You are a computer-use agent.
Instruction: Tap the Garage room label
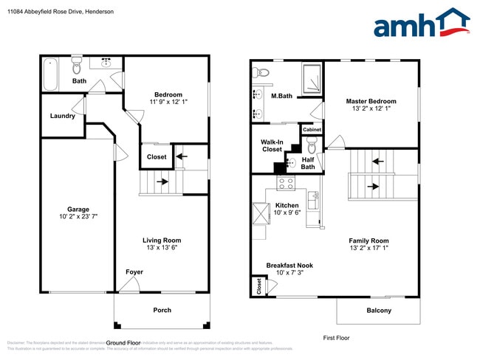click(78, 209)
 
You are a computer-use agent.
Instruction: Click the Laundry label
click(62, 116)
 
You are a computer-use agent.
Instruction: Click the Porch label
click(161, 310)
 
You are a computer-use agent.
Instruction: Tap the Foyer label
click(134, 272)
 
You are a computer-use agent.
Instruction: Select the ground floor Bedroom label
click(168, 94)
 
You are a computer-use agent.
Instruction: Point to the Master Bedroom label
click(371, 101)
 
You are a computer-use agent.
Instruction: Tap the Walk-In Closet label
click(272, 145)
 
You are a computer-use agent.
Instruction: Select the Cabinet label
click(310, 130)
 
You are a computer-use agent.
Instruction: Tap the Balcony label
click(379, 311)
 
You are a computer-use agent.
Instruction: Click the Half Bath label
click(308, 162)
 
